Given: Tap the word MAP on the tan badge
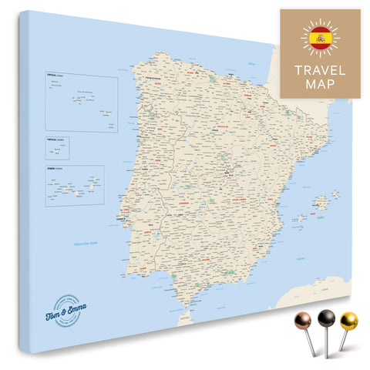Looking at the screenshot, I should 320,84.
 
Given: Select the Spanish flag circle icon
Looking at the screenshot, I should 320,37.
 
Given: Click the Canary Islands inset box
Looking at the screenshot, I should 74,185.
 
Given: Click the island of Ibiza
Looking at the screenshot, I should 299,219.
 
